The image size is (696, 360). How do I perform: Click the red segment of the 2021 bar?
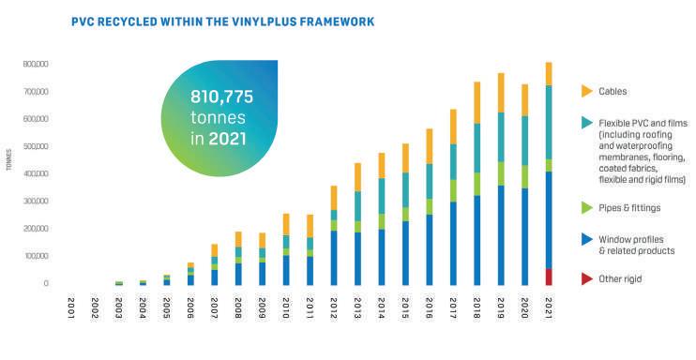pyautogui.click(x=549, y=277)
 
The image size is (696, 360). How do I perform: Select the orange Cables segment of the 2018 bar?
pyautogui.click(x=477, y=102)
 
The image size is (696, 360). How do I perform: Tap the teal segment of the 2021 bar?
pyautogui.click(x=549, y=123)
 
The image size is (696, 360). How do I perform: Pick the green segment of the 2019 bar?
pyautogui.click(x=501, y=173)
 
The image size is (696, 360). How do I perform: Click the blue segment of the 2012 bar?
pyautogui.click(x=334, y=258)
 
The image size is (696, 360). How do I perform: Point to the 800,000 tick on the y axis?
pyautogui.click(x=36, y=65)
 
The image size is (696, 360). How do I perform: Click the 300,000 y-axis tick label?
pyautogui.click(x=36, y=201)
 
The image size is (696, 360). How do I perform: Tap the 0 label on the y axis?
pyautogui.click(x=46, y=283)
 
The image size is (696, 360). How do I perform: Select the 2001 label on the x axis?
pyautogui.click(x=71, y=308)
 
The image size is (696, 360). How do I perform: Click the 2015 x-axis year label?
pyautogui.click(x=405, y=308)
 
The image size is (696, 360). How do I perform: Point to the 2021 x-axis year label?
pyautogui.click(x=549, y=308)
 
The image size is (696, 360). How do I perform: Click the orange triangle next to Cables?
pyautogui.click(x=587, y=91)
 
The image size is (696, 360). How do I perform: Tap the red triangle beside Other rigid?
pyautogui.click(x=587, y=278)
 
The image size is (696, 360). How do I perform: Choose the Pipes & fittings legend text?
pyautogui.click(x=629, y=208)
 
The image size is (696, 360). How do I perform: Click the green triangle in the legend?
pyautogui.click(x=587, y=207)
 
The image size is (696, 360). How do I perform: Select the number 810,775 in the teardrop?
pyautogui.click(x=221, y=97)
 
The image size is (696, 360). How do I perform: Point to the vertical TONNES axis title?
pyautogui.click(x=9, y=159)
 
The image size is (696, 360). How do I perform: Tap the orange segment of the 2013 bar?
pyautogui.click(x=357, y=177)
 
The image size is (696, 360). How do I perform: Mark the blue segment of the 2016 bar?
pyautogui.click(x=430, y=250)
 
